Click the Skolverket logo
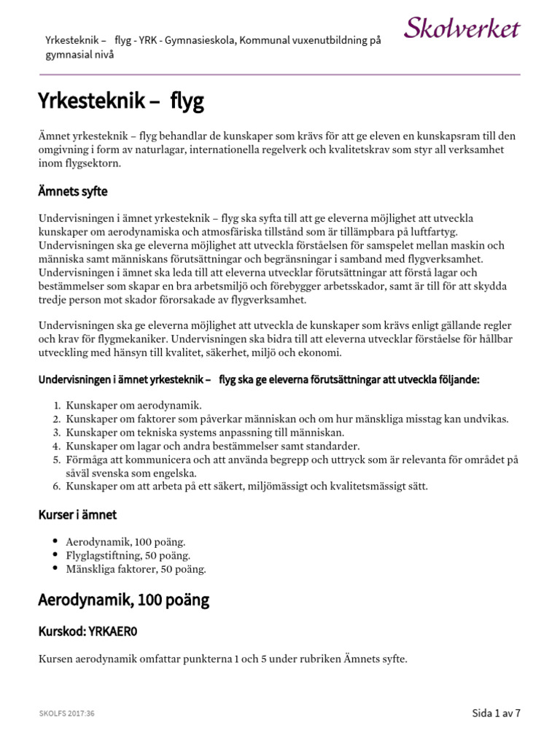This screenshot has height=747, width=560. pyautogui.click(x=462, y=29)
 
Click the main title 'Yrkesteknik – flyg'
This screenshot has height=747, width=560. pyautogui.click(x=120, y=102)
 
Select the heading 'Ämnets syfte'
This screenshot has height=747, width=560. pyautogui.click(x=72, y=192)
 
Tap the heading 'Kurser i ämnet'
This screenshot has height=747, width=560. pyautogui.click(x=77, y=515)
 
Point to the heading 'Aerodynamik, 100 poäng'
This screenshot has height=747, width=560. pyautogui.click(x=123, y=600)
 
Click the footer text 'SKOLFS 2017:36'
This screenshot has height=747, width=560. pyautogui.click(x=66, y=713)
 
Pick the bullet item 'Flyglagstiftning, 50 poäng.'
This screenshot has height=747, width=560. pyautogui.click(x=128, y=555)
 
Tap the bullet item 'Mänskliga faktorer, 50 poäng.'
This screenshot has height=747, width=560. pyautogui.click(x=136, y=569)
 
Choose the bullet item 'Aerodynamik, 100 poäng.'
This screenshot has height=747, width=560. pyautogui.click(x=125, y=542)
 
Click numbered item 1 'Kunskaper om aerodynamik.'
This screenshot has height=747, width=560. pyautogui.click(x=133, y=405)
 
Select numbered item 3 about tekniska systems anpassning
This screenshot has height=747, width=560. pyautogui.click(x=195, y=432)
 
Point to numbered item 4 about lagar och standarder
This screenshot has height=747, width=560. pyautogui.click(x=202, y=446)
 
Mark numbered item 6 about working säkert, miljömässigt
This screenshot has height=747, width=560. pyautogui.click(x=246, y=486)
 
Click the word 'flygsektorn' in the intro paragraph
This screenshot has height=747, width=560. pyautogui.click(x=91, y=163)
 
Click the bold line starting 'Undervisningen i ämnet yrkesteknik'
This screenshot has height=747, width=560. pyautogui.click(x=259, y=379)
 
